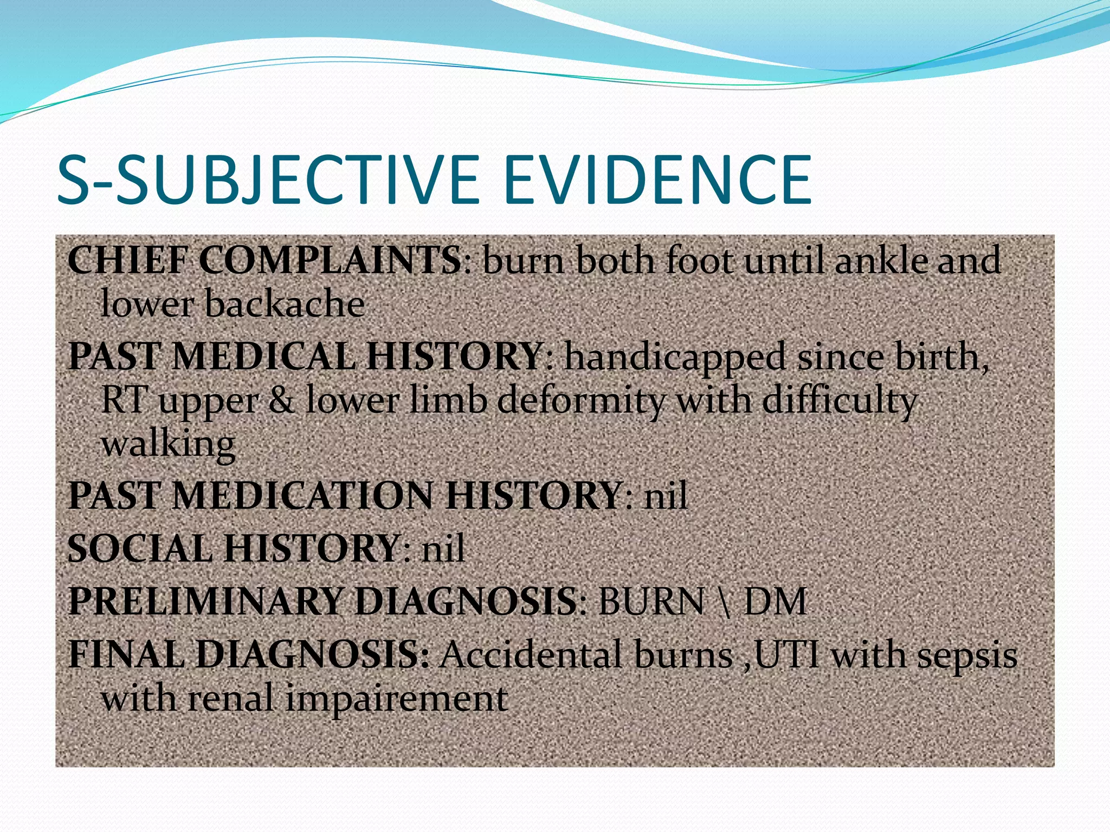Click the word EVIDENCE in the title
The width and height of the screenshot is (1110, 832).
pos(657,180)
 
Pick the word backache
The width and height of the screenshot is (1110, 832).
pos(285,303)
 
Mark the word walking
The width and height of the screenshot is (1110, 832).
pos(168,444)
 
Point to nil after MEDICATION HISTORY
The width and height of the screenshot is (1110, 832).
pos(666,496)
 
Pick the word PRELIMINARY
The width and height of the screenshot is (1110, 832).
pos(206,601)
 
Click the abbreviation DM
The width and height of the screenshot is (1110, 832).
pos(775,601)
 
